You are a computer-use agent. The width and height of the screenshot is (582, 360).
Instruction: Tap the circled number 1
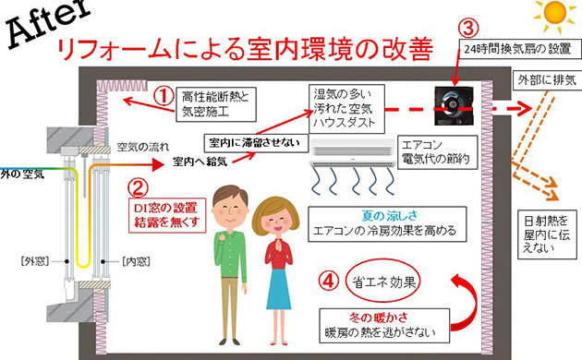pyautogui.click(x=163, y=95)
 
